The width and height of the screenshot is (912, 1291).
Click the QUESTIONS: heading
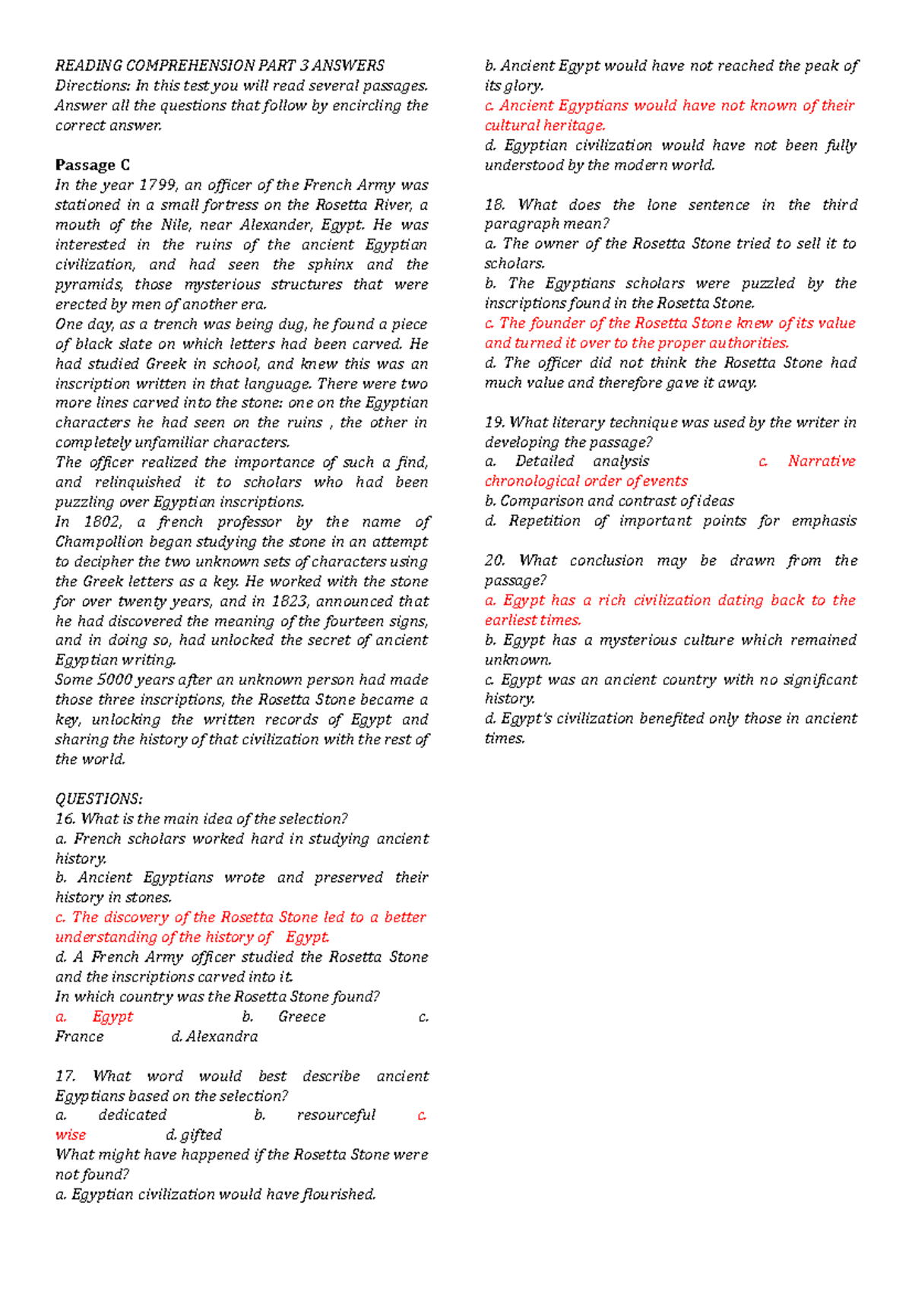coord(99,799)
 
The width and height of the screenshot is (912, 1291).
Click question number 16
coord(65,819)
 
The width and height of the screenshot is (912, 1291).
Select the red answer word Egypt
coord(112,1017)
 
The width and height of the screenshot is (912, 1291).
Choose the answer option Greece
coord(302,1017)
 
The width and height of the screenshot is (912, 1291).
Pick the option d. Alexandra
coord(214,1036)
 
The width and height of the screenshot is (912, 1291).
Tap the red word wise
coord(71,1135)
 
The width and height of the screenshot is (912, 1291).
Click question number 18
coord(495,205)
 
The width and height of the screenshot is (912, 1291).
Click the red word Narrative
coord(821,462)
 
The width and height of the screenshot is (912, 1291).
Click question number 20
coord(495,560)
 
